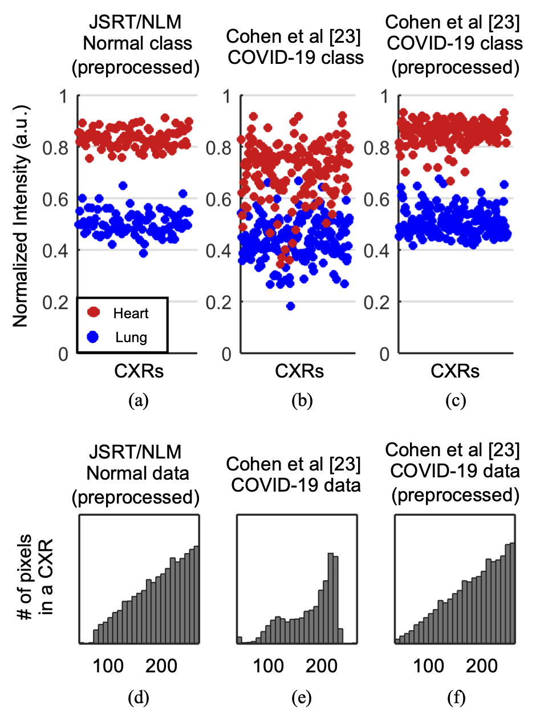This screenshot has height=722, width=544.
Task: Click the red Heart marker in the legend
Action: click(94, 312)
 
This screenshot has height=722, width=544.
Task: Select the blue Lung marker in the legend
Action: click(94, 337)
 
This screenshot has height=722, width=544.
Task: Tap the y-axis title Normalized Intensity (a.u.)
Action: click(21, 216)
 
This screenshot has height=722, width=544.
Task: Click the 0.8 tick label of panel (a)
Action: click(56, 148)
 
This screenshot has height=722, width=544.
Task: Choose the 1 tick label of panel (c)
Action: click(384, 96)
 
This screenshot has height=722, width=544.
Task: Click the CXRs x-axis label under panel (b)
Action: click(299, 371)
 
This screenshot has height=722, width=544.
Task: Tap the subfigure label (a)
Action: click(139, 400)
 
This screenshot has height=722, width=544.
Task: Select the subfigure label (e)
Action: click(301, 697)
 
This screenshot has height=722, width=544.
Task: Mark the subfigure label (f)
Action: click(456, 697)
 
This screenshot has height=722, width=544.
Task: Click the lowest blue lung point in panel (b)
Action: click(290, 306)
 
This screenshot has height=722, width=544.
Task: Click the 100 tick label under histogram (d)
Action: click(108, 666)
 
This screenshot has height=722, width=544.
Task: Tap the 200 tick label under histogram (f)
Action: click(481, 666)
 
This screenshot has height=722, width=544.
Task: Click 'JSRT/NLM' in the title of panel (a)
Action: click(135, 22)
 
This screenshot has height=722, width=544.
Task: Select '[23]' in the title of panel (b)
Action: click(344, 36)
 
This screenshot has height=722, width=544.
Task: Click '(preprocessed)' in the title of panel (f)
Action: click(455, 495)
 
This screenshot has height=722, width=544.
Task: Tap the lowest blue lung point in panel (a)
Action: click(143, 253)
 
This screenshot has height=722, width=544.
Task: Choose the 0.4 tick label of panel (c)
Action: click(376, 251)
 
